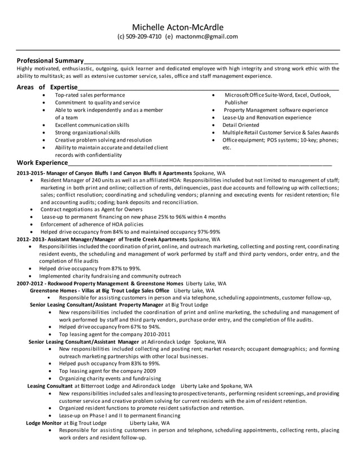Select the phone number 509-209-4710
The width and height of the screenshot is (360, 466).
pos(143,37)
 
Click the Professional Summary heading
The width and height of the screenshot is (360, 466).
pos(50,60)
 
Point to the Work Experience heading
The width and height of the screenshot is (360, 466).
pos(42,162)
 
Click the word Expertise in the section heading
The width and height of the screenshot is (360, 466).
pos(64,87)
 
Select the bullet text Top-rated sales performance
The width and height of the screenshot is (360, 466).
pos(90,95)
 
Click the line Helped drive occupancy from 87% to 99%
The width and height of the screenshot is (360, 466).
pos(90,269)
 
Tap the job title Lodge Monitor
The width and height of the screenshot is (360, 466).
pos(44,423)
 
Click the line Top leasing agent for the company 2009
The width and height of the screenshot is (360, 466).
pos(107,371)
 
